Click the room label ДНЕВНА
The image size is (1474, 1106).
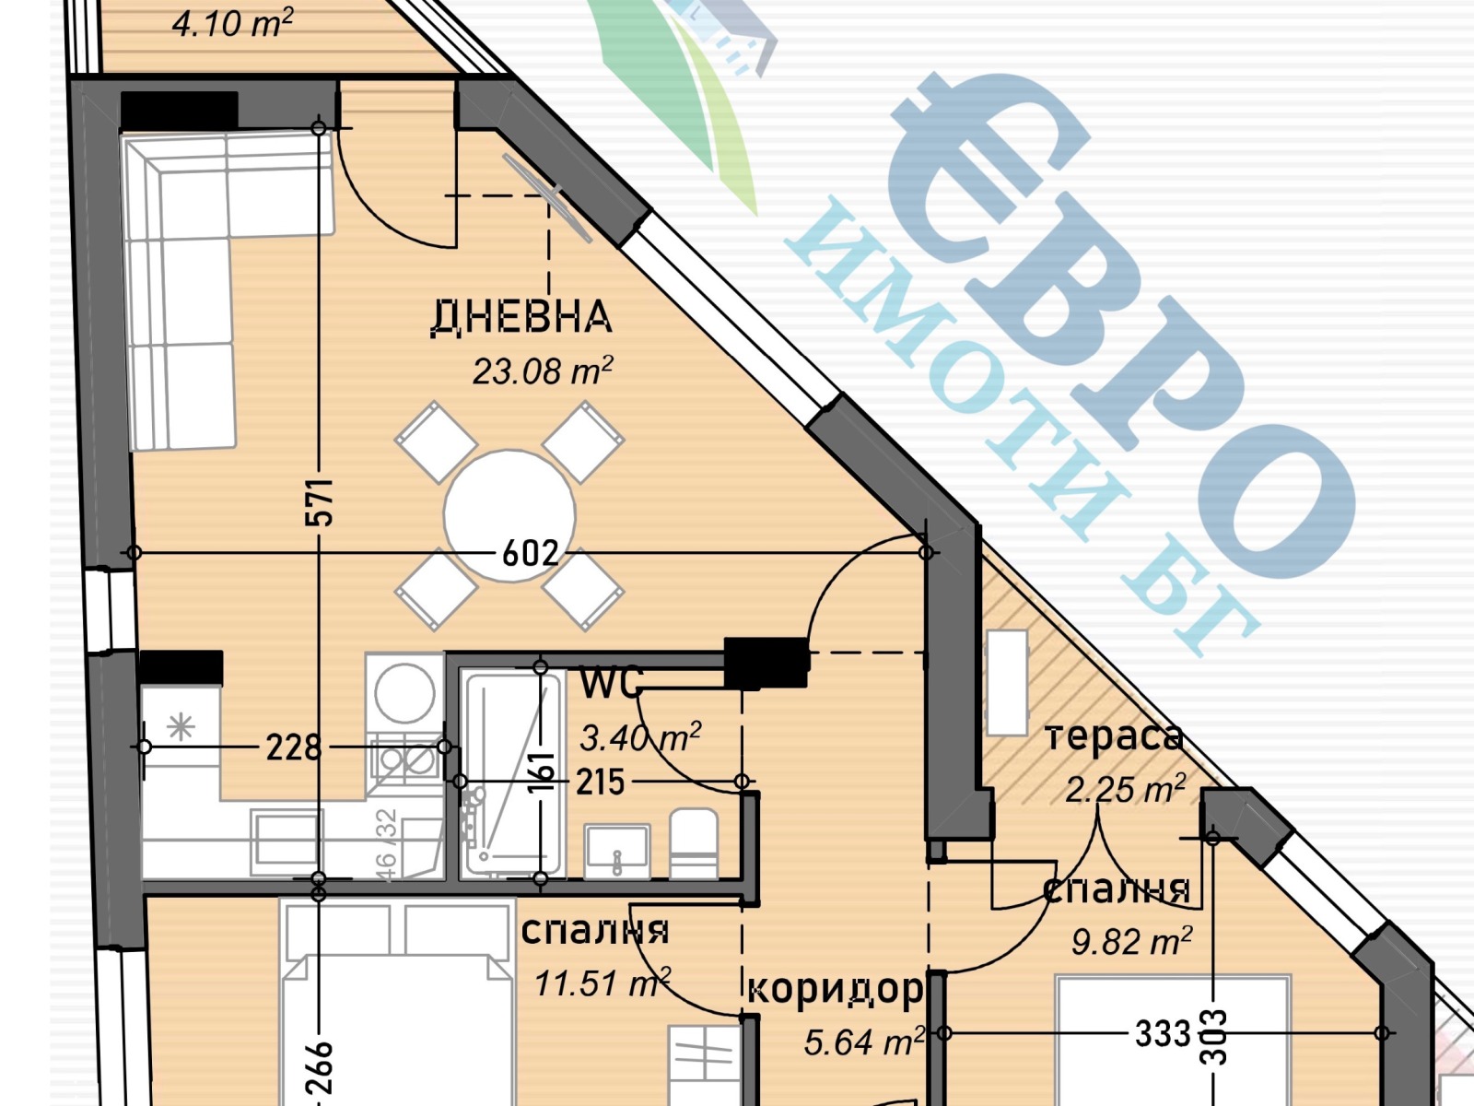click(x=521, y=316)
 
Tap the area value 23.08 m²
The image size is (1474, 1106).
click(x=542, y=371)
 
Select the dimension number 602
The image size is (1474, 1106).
click(x=531, y=553)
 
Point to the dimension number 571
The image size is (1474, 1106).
click(x=319, y=502)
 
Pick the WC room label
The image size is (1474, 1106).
click(x=610, y=684)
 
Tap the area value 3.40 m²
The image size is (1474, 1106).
click(x=639, y=737)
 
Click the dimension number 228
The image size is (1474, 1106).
click(x=294, y=747)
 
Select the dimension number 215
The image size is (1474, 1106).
click(x=600, y=782)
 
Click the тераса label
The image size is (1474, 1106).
click(x=1113, y=737)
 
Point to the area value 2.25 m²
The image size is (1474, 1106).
click(x=1124, y=789)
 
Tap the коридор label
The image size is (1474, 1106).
click(x=834, y=989)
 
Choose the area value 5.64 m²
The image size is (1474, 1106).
click(x=863, y=1042)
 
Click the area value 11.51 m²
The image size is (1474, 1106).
click(x=602, y=983)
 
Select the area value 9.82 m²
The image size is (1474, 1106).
click(x=1131, y=941)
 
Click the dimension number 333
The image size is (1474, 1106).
click(x=1163, y=1033)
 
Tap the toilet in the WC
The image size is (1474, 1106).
click(x=694, y=843)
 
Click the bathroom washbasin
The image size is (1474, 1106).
click(x=617, y=851)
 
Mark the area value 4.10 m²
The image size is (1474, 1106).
click(x=232, y=23)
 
